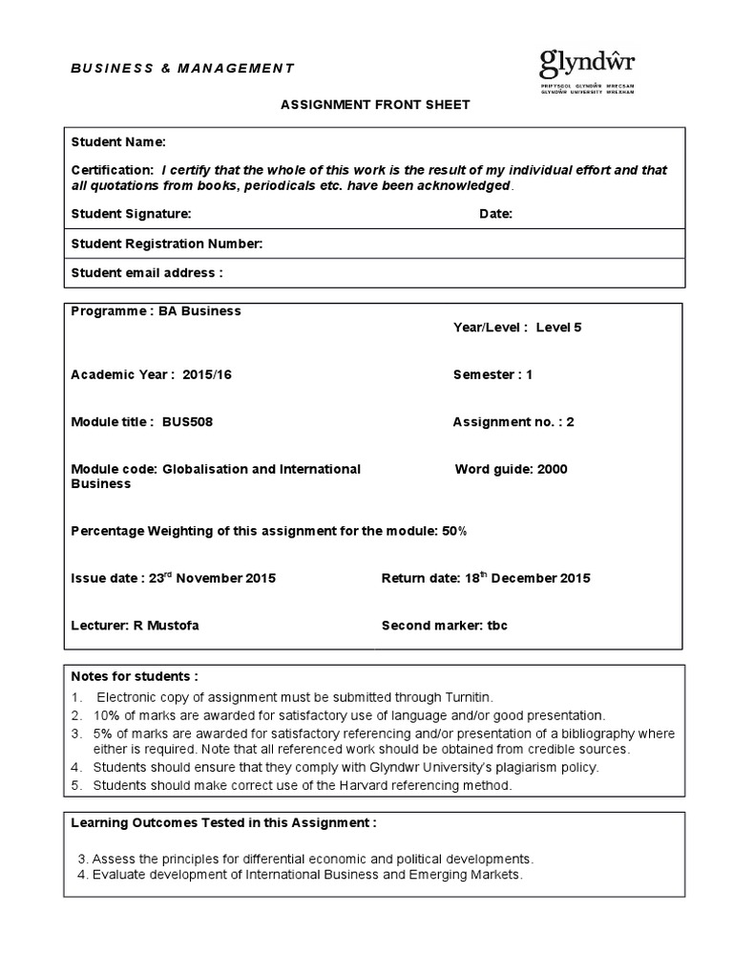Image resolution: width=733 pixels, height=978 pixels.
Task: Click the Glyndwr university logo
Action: click(x=587, y=72)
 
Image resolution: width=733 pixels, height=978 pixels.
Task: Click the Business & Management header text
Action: click(x=183, y=68)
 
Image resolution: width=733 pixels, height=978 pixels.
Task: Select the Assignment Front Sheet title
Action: click(x=374, y=105)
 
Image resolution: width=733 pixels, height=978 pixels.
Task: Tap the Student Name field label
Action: click(x=118, y=142)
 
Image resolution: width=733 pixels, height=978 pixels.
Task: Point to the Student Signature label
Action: click(x=131, y=214)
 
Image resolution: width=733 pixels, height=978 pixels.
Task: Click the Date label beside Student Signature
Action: click(x=495, y=214)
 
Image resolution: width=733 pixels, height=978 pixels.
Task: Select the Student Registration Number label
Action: click(x=166, y=244)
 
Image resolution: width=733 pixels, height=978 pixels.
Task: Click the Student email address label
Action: click(x=146, y=273)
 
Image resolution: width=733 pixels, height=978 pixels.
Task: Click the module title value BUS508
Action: click(x=187, y=422)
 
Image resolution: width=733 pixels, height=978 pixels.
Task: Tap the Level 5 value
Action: click(x=558, y=327)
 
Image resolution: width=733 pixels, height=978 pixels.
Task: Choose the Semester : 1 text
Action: click(x=492, y=374)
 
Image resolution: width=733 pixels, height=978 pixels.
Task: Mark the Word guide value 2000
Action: click(x=552, y=469)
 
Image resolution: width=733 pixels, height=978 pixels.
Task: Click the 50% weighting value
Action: click(x=454, y=530)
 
